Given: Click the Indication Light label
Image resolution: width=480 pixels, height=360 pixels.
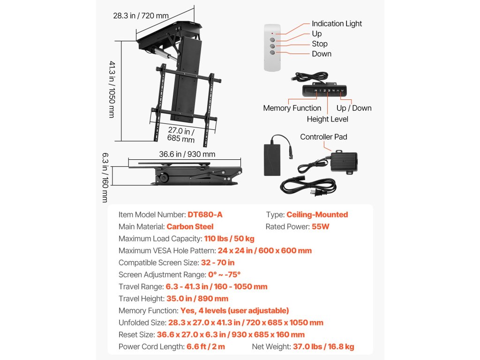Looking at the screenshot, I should [x=337, y=23].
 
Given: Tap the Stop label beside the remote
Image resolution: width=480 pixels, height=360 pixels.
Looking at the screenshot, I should [x=320, y=44].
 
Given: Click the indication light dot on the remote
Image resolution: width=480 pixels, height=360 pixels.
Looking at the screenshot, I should [x=272, y=33].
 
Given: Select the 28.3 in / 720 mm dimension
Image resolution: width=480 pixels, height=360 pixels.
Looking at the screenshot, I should [x=141, y=15].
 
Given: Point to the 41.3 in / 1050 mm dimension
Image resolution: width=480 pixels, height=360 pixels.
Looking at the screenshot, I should [x=112, y=89].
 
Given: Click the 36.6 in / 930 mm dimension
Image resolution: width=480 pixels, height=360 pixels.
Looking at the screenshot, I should [x=187, y=154].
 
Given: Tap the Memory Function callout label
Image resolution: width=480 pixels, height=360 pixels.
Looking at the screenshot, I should [x=292, y=108].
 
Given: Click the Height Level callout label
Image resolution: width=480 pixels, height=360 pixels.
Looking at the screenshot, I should [x=327, y=119].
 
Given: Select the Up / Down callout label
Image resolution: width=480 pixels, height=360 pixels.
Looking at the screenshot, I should [x=354, y=108].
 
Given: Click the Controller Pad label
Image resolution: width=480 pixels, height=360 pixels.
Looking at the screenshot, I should [x=324, y=137].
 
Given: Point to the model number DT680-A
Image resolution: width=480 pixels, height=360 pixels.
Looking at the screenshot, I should [x=205, y=215].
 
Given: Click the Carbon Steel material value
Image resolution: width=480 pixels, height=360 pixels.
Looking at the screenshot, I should [x=190, y=226].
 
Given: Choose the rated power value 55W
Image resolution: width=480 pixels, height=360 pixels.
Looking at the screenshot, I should [x=319, y=226].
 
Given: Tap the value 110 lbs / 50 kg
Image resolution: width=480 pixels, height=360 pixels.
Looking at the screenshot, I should [x=229, y=239].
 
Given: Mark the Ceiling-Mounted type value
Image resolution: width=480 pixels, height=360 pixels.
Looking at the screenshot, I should [x=317, y=215].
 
